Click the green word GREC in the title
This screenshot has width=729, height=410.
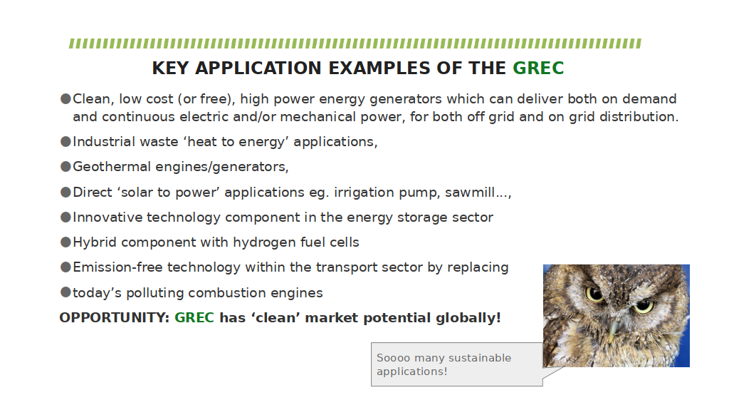click(x=538, y=68)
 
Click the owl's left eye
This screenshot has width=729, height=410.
click(x=594, y=294)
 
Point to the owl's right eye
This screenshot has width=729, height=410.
click(x=644, y=306)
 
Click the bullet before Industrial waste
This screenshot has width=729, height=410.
click(x=65, y=141)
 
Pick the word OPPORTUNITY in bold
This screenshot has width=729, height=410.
click(x=115, y=318)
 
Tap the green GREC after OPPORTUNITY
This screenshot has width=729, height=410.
click(x=194, y=318)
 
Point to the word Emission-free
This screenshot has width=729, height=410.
click(x=117, y=267)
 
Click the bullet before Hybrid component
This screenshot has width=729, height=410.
click(x=65, y=242)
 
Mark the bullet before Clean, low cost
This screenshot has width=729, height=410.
click(x=65, y=98)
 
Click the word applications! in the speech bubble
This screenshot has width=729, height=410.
click(x=412, y=371)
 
